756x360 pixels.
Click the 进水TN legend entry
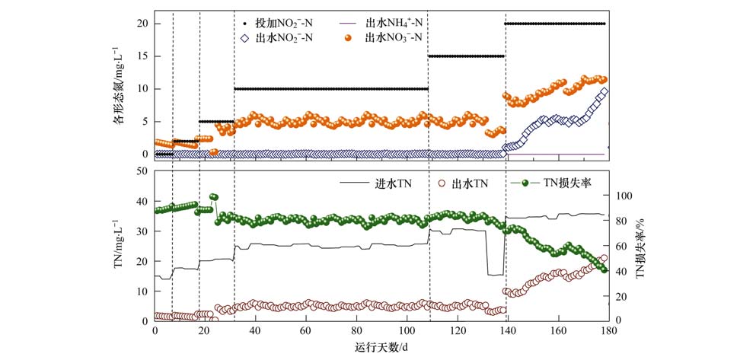[x=394, y=183]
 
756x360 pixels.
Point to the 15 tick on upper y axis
[x=142, y=56]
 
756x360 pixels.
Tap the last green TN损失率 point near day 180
[x=604, y=269]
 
